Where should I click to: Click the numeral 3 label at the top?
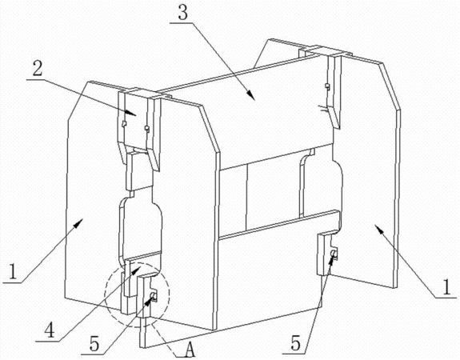(183, 13)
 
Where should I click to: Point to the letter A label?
(190, 350)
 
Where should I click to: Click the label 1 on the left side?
(12, 272)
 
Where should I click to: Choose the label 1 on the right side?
(446, 286)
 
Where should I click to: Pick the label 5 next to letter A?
(94, 343)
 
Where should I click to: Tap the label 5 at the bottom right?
(296, 342)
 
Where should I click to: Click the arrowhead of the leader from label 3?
(251, 95)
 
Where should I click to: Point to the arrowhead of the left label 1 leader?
(77, 224)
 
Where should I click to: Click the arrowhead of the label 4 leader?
(137, 269)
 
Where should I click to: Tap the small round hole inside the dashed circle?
(153, 294)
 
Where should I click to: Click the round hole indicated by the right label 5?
(333, 253)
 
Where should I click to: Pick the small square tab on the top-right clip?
(327, 86)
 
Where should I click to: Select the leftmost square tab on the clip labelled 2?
(124, 124)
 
